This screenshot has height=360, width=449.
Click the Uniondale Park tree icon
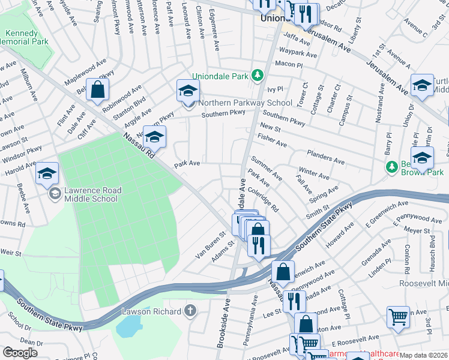point(258,75)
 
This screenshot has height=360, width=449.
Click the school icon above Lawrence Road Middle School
point(47,174)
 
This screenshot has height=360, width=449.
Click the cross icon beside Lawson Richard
point(190,311)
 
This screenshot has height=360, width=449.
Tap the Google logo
point(20,352)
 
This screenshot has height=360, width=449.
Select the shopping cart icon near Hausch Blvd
point(399,316)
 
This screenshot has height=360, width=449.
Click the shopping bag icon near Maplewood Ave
point(97,91)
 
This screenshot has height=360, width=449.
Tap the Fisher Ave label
point(273,140)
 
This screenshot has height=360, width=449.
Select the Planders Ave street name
point(325,157)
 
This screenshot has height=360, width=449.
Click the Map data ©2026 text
point(424,355)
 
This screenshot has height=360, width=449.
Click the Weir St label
point(10,251)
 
